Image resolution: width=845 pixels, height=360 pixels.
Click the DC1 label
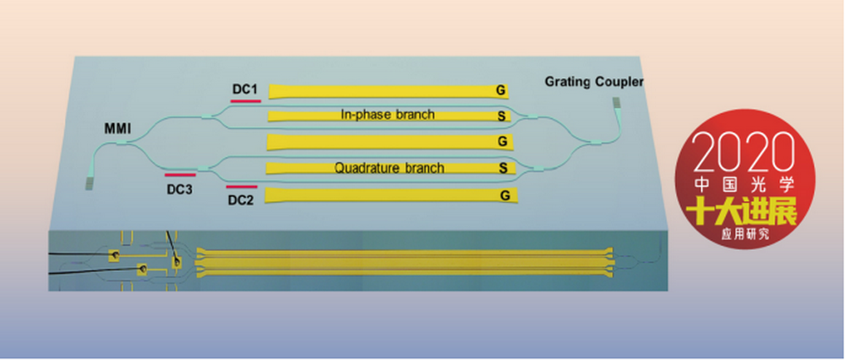click(x=245, y=89)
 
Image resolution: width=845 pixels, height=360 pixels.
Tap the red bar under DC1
click(x=246, y=101)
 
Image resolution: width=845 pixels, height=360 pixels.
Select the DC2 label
click(x=240, y=200)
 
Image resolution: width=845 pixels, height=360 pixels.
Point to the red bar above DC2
click(x=242, y=187)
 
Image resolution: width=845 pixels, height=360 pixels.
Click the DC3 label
click(x=179, y=189)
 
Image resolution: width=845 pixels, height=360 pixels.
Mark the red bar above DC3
click(x=181, y=175)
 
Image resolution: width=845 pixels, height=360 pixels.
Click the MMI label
click(x=116, y=129)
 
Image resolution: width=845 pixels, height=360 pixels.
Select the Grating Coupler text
click(x=594, y=82)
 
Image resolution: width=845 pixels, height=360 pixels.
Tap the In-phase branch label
click(x=388, y=114)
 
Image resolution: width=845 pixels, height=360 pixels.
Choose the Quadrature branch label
click(x=390, y=168)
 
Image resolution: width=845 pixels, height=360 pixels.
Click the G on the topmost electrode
click(x=500, y=91)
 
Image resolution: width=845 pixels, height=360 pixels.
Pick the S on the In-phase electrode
click(x=502, y=116)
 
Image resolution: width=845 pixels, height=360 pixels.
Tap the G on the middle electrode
click(x=502, y=142)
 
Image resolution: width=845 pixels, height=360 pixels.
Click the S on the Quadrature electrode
click(x=504, y=169)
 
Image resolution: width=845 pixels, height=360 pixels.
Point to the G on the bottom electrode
click(x=505, y=195)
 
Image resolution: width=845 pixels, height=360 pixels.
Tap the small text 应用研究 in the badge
click(x=746, y=234)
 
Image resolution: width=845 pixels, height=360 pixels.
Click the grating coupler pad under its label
click(x=617, y=105)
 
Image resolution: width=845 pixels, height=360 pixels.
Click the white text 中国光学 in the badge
click(x=744, y=186)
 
